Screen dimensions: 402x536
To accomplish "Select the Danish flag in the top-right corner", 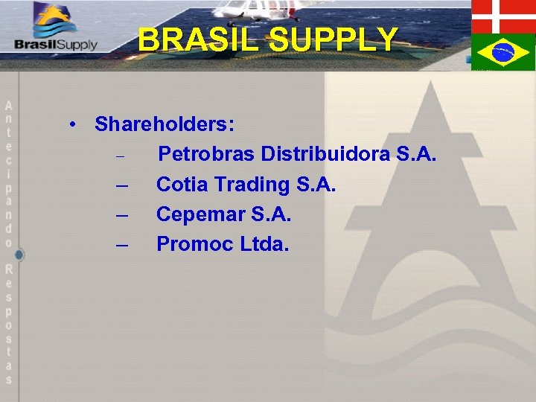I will (503, 16).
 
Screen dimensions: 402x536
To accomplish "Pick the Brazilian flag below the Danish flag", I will (503, 52).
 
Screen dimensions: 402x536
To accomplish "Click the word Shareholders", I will (165, 124).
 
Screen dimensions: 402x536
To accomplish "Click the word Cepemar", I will (201, 214).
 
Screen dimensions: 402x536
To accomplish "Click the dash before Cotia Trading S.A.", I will (123, 185).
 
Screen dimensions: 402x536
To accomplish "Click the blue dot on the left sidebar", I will (19, 255).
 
